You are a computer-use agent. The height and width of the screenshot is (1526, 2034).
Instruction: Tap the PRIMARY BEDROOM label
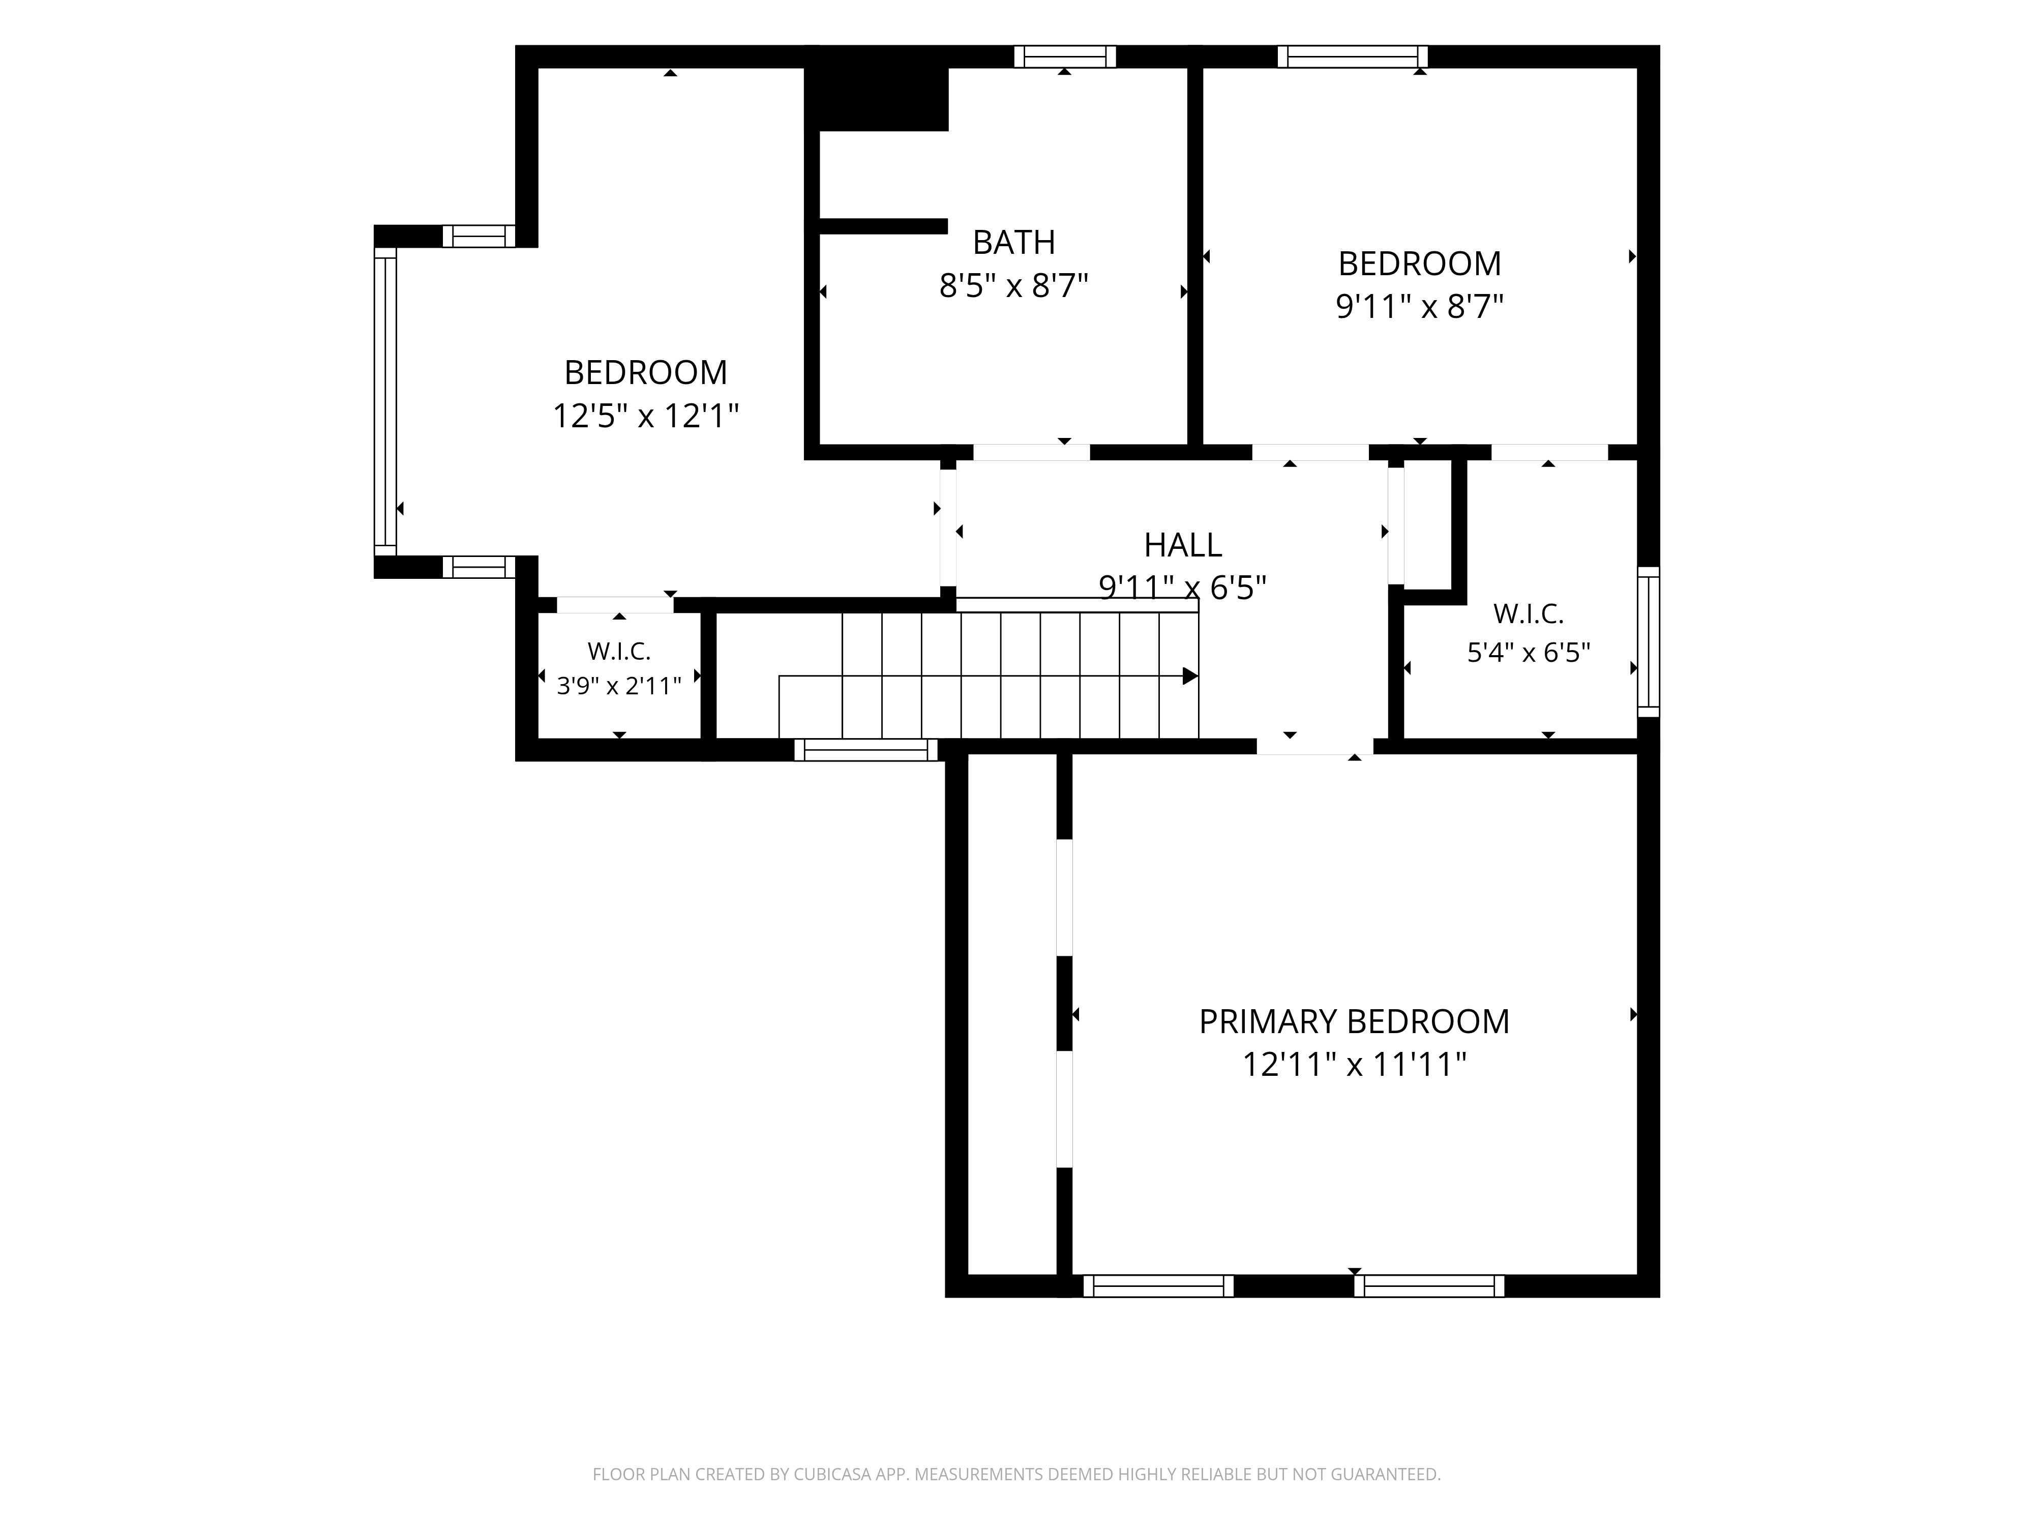click(x=1354, y=1022)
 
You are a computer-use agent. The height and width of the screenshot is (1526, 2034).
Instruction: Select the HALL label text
click(x=1182, y=545)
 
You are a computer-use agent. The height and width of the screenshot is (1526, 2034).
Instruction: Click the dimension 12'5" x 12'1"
click(x=645, y=416)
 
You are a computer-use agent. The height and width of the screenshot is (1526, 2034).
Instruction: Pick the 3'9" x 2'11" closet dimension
click(x=619, y=685)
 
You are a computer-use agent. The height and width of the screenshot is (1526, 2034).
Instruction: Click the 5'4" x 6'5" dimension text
click(x=1528, y=652)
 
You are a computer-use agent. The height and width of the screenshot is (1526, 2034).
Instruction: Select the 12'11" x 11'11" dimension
click(x=1354, y=1065)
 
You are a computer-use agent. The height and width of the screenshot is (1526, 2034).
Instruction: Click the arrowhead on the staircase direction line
click(x=1190, y=676)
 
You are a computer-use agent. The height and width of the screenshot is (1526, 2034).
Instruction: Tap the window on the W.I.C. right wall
click(x=1649, y=641)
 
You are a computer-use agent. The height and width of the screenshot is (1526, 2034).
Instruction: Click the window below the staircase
click(x=866, y=750)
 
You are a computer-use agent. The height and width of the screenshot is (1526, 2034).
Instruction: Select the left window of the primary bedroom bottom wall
click(x=1158, y=1286)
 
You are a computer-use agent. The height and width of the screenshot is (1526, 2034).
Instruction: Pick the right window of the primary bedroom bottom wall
click(x=1429, y=1286)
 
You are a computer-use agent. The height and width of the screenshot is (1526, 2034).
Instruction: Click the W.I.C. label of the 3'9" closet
click(x=619, y=651)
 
